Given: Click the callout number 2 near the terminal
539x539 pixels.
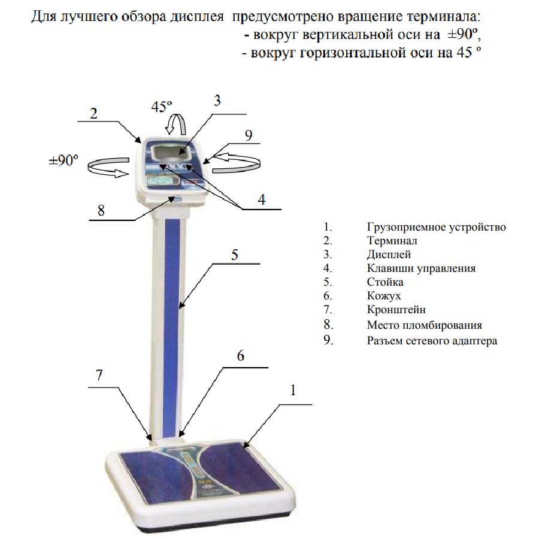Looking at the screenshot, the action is [93, 113].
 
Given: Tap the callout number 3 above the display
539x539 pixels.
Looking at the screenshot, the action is [217, 101].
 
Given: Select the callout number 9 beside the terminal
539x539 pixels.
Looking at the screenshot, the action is [249, 135].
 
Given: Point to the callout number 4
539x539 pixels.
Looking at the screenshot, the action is [262, 199].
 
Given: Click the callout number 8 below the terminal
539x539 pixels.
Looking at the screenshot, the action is [101, 210].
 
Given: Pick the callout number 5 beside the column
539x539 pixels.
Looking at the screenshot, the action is [234, 255].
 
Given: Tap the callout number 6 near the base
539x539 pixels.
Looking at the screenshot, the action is [241, 355].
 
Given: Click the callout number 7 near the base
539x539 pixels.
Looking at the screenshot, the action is [99, 375].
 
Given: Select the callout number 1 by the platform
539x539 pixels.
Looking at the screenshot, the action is [293, 390].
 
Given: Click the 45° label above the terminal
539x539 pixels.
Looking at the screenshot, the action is [162, 107].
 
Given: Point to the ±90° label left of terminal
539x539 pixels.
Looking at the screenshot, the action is [63, 160].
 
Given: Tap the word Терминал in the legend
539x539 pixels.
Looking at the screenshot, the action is [392, 241].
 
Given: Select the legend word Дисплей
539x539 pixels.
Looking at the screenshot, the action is [389, 255].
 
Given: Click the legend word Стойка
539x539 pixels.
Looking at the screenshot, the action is [385, 282].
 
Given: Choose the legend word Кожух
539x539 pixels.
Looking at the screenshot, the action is [384, 296].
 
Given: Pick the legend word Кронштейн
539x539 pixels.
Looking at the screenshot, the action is [396, 310].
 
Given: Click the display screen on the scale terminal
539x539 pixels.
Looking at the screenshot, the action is [171, 152].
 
